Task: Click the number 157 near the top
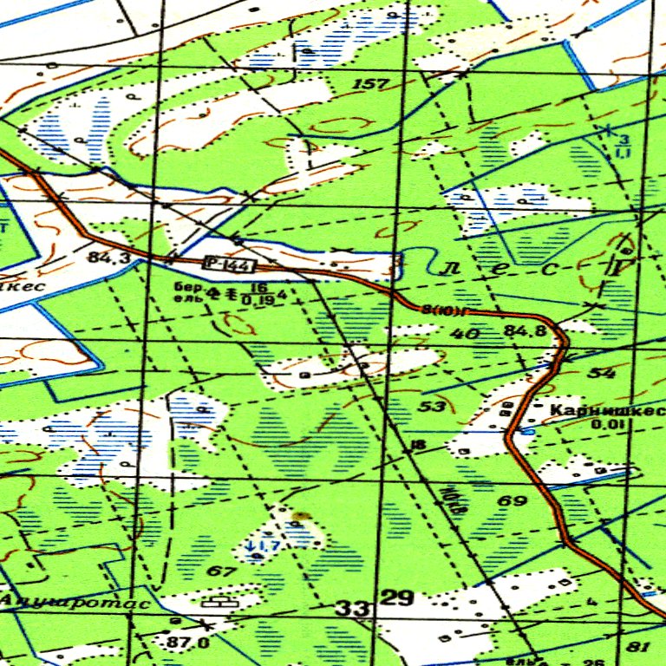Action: (370, 84)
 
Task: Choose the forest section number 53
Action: (433, 406)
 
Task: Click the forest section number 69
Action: (512, 500)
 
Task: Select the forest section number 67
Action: (222, 571)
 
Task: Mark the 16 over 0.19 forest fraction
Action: (257, 293)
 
